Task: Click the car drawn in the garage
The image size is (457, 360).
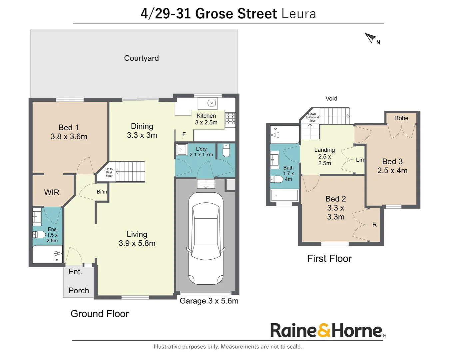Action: (x=206, y=238)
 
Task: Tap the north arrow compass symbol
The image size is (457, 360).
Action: (x=370, y=38)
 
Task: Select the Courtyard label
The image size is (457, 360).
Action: (x=141, y=58)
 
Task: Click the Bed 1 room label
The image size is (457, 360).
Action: (x=69, y=128)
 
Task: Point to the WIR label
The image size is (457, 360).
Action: (x=52, y=192)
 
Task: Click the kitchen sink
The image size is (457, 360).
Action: (x=211, y=103)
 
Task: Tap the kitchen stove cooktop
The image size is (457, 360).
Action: (x=230, y=119)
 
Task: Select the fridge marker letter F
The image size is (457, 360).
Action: (x=184, y=134)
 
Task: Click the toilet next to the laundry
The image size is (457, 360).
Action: (x=226, y=151)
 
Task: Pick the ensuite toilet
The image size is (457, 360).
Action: (x=39, y=234)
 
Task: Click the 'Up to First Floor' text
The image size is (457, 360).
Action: (x=109, y=172)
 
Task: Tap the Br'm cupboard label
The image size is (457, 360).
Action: (x=102, y=192)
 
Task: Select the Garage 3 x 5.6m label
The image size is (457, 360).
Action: (x=209, y=301)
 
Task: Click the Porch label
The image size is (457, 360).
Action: (x=79, y=291)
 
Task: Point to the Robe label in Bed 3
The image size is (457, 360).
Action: (x=401, y=118)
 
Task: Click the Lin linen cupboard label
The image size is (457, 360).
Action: (x=360, y=160)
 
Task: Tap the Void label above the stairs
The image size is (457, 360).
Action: (x=331, y=99)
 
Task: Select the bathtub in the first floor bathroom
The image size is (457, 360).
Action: (x=284, y=195)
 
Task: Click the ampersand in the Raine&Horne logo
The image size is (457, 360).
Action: (x=324, y=330)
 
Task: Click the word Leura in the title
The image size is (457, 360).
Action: (x=298, y=14)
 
